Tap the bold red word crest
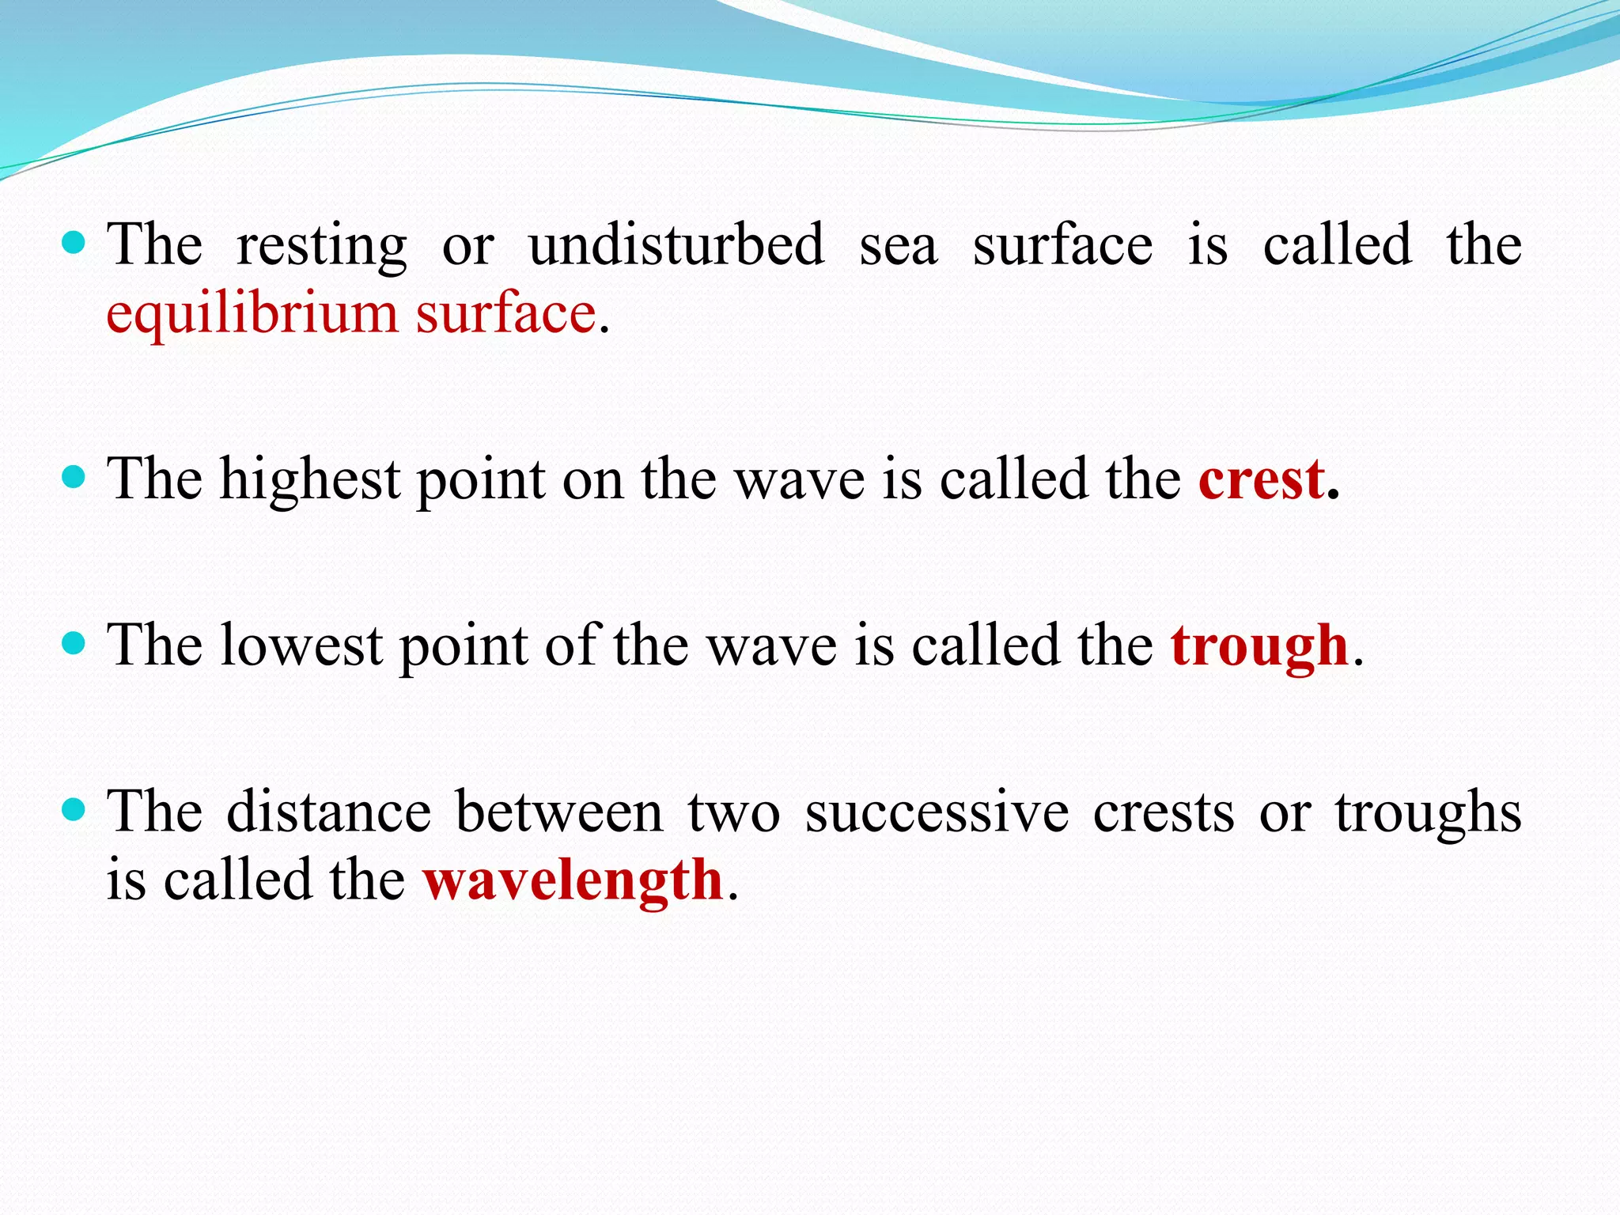point(1261,480)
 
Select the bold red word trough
point(1259,647)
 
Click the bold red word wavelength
point(573,880)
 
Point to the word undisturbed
point(676,245)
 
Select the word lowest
point(301,647)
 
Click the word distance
point(328,812)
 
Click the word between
point(558,812)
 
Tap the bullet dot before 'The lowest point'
point(73,643)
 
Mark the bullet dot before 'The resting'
point(73,242)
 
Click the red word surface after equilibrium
point(506,314)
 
